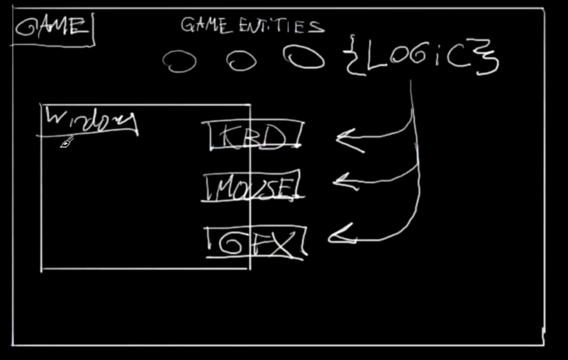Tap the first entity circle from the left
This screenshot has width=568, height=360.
click(x=179, y=61)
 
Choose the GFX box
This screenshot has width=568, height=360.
click(x=256, y=243)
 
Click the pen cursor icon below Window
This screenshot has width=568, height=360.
click(x=66, y=141)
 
